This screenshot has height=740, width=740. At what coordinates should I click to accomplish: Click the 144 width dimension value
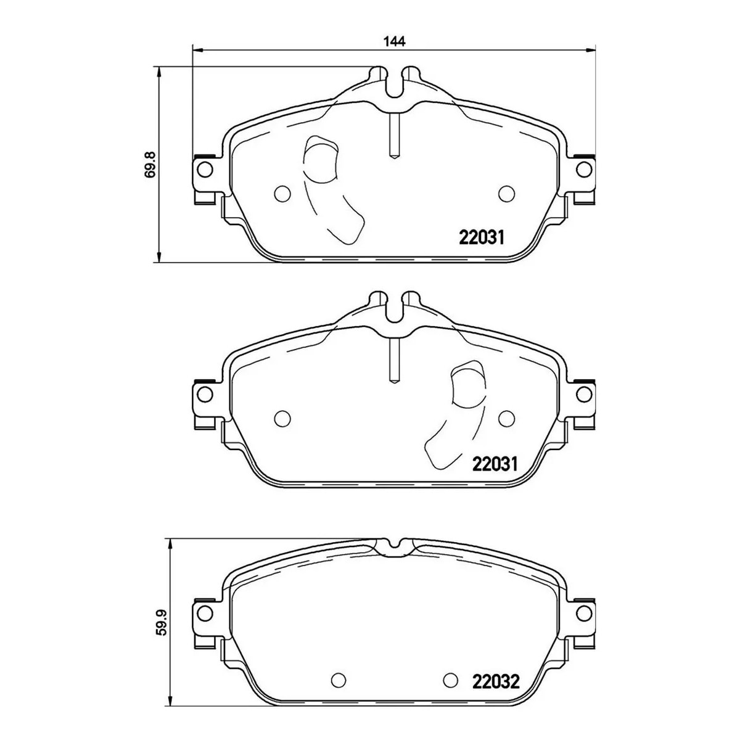(x=395, y=41)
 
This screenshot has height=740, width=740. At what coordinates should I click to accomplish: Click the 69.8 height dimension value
(x=151, y=165)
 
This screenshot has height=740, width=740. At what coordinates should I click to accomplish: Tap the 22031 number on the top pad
(x=481, y=238)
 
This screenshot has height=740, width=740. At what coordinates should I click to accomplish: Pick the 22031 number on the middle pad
(x=495, y=464)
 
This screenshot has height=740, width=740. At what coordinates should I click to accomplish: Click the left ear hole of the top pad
(x=205, y=170)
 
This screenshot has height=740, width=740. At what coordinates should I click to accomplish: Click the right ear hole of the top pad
(x=584, y=170)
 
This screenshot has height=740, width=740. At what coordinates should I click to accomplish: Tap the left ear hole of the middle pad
(x=205, y=394)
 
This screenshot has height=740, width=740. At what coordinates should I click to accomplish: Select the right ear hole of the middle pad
(x=584, y=394)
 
